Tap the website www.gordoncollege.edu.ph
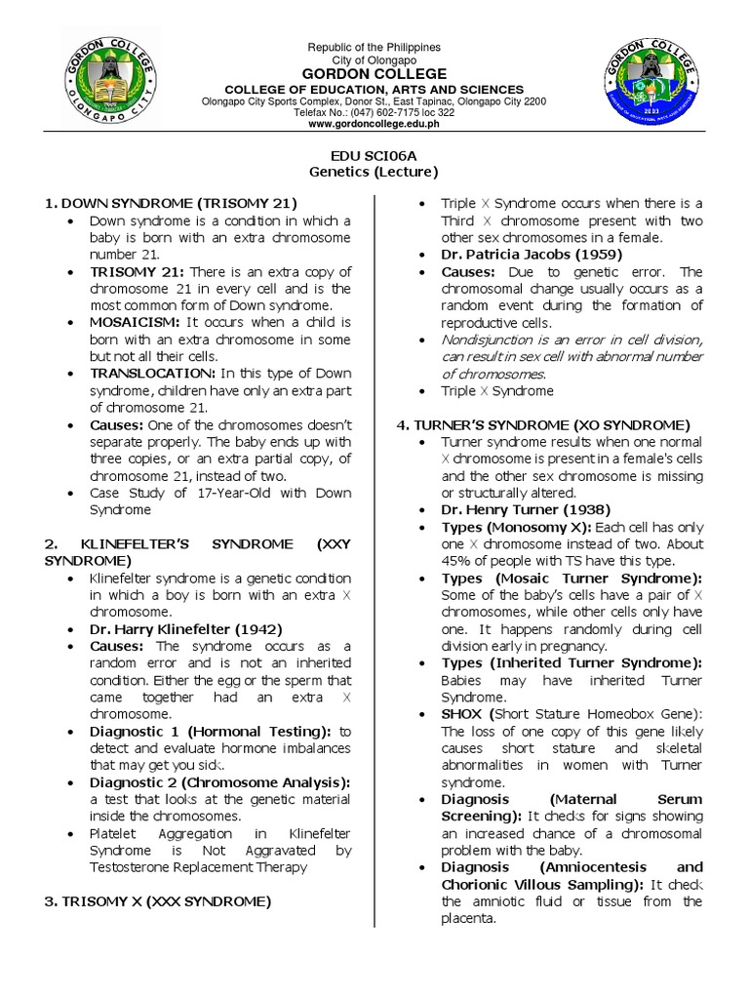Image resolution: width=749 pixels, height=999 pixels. pos(374,125)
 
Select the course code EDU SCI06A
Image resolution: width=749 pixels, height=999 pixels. pos(374,155)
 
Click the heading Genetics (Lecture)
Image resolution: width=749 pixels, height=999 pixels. pos(374,172)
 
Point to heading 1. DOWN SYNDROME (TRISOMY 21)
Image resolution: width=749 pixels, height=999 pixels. pos(169,203)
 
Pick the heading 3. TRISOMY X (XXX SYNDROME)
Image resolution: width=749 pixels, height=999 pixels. pos(157,901)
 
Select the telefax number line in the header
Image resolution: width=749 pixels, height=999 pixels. pos(374,112)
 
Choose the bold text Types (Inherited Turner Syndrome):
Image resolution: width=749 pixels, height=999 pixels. pos(572,663)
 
